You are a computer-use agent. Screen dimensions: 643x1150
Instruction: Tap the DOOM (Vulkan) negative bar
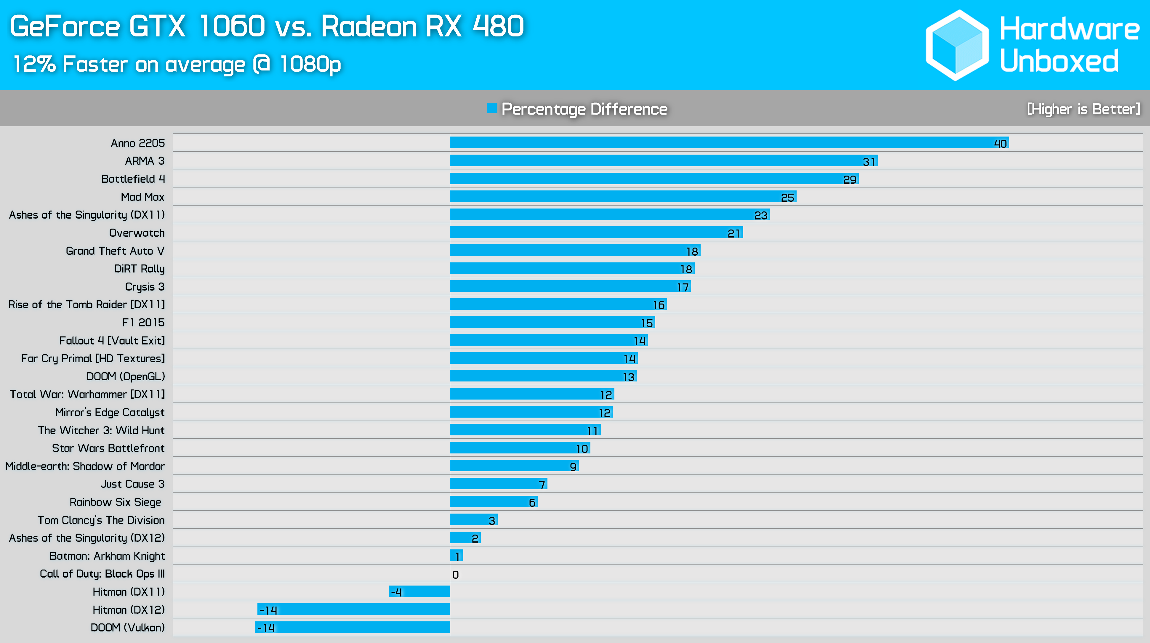point(353,627)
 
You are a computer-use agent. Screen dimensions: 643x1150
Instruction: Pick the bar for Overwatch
point(596,232)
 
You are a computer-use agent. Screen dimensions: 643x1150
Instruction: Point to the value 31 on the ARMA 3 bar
point(869,161)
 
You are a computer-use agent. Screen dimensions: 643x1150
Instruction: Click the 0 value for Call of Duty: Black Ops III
point(455,575)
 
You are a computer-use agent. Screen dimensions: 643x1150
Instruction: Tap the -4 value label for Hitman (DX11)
point(396,592)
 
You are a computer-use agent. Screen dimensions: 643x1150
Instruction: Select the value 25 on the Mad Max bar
point(787,198)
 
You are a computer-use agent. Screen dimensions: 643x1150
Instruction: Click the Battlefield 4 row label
point(133,179)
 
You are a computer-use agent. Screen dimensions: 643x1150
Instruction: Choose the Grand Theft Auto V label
point(115,251)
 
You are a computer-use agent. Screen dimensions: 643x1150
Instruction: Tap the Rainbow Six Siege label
point(115,502)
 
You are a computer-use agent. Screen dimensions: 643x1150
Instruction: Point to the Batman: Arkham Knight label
point(107,556)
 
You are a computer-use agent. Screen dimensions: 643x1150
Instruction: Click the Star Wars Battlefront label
point(108,448)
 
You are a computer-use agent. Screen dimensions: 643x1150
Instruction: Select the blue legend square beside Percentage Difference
point(492,108)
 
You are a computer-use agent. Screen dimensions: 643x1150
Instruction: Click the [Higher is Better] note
point(1083,109)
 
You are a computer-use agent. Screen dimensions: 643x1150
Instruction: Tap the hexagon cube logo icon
point(957,45)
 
